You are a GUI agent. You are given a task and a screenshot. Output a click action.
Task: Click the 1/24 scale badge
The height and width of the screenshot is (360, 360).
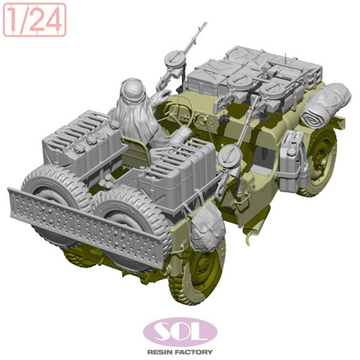click(35, 20)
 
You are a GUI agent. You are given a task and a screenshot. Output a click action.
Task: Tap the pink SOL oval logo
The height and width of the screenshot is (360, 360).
click(180, 332)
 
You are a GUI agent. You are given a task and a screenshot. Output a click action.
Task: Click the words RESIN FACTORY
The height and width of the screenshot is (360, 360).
click(180, 352)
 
